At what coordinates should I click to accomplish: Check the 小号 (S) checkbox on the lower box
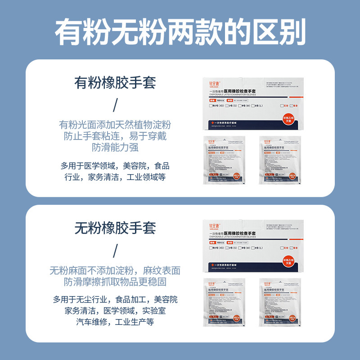pos(227,248)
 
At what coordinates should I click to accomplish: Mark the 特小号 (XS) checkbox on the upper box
pos(211,105)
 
